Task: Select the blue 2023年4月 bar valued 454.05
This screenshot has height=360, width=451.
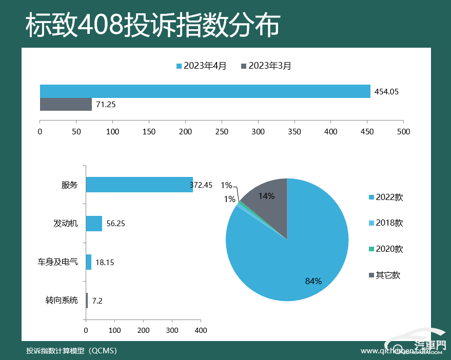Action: (205, 91)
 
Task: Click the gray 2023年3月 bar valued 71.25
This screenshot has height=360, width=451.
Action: (66, 104)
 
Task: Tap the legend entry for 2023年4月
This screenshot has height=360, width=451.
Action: (201, 66)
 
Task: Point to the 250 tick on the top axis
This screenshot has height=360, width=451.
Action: (222, 131)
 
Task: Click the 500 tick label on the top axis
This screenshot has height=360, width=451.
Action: (403, 131)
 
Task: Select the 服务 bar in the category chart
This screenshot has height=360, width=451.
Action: (139, 185)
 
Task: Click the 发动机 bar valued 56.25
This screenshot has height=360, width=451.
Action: (94, 224)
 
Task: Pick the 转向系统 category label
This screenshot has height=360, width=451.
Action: (62, 300)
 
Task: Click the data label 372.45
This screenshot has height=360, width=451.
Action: (201, 185)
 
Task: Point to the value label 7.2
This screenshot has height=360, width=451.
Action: (97, 301)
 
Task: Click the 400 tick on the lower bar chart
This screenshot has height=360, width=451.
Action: (201, 330)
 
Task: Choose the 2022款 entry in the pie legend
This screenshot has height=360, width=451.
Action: (385, 197)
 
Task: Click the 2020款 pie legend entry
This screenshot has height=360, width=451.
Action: (385, 249)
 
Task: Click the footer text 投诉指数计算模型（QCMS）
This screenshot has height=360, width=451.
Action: (72, 351)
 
